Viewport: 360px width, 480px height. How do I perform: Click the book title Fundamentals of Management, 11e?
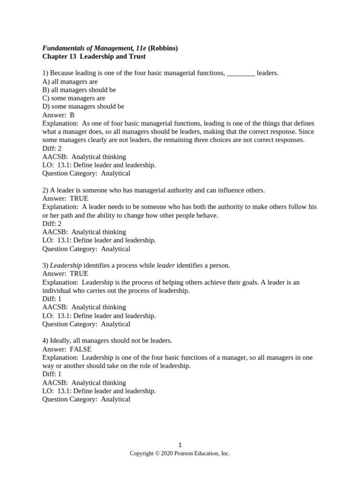94,48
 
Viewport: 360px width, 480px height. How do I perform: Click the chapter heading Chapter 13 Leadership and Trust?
94,56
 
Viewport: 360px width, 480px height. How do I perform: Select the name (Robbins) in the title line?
163,48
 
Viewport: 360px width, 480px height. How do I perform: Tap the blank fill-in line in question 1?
240,74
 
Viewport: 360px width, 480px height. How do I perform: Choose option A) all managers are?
70,82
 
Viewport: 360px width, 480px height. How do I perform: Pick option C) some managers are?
74,98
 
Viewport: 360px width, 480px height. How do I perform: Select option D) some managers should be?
83,106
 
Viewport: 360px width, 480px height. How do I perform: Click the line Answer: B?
58,115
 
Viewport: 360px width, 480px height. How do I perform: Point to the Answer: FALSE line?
67,349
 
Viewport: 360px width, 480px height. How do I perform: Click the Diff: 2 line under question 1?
52,149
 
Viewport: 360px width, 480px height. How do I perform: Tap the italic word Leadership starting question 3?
66,265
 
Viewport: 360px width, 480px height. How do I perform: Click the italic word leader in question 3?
165,265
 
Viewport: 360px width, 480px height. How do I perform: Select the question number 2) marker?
45,190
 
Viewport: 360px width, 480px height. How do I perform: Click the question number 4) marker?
45,341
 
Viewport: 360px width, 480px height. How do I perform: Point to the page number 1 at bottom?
180,445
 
